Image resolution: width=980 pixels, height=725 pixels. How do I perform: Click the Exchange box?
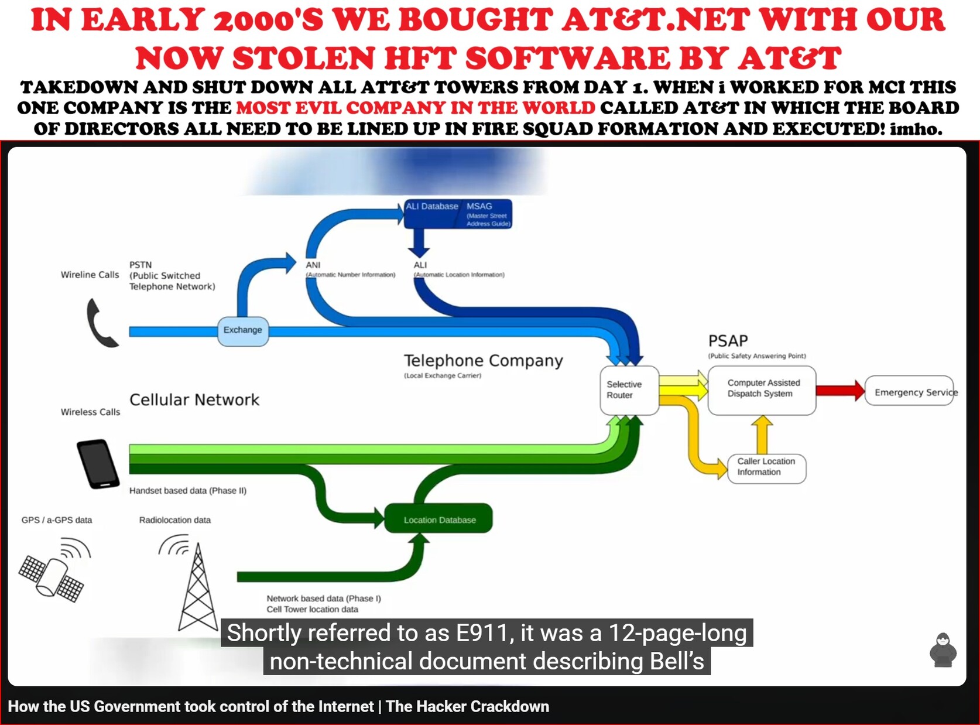tap(242, 331)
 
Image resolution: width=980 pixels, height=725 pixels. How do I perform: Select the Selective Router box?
tap(629, 390)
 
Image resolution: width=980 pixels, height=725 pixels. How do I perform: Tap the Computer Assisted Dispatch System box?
tap(762, 390)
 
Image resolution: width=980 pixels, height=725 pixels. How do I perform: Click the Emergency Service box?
tap(909, 391)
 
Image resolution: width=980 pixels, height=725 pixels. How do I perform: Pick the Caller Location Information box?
tap(766, 468)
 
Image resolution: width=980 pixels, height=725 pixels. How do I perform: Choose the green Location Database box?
tap(438, 518)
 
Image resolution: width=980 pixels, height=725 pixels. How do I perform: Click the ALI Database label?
tap(431, 207)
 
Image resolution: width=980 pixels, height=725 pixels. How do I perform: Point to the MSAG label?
tap(479, 207)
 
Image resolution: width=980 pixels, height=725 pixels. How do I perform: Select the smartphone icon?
tap(98, 464)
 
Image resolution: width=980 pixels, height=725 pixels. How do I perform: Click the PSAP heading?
tap(728, 341)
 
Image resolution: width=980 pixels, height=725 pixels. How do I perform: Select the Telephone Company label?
tap(484, 361)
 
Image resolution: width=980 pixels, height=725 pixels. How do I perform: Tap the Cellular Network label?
tap(194, 399)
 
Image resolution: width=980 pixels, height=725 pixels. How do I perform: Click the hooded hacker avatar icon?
tap(943, 650)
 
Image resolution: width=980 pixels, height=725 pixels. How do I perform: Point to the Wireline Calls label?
tap(90, 275)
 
